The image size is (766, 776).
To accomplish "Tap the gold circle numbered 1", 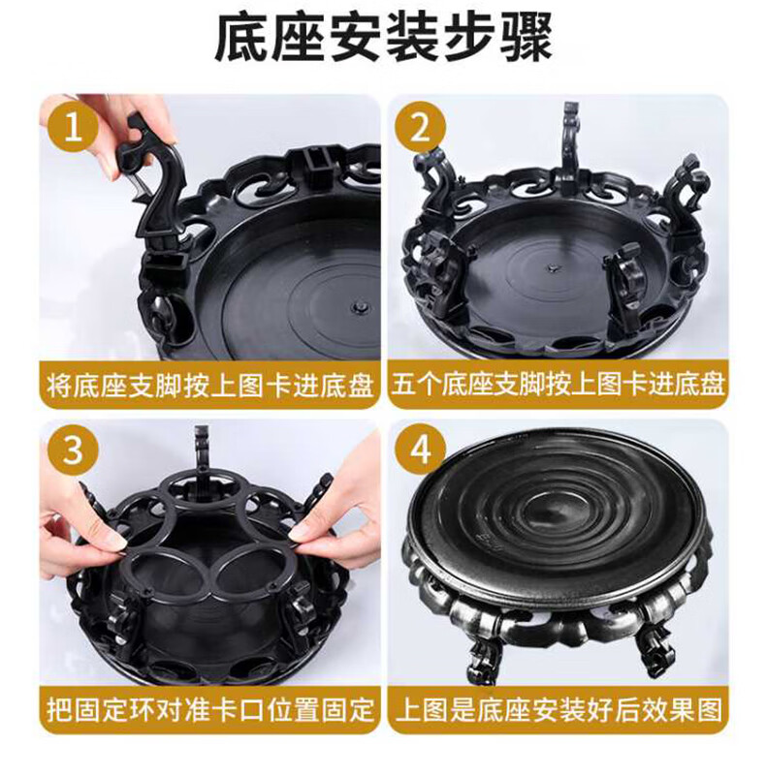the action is pyautogui.click(x=74, y=127).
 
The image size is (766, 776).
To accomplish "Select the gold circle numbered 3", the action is pyautogui.click(x=74, y=449).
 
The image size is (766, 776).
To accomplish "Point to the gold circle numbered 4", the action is pyautogui.click(x=420, y=449).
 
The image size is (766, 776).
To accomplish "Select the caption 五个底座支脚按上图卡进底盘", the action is pyautogui.click(x=558, y=385).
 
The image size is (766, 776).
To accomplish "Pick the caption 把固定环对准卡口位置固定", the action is pyautogui.click(x=210, y=709).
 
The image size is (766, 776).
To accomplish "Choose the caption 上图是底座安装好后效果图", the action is pyautogui.click(x=558, y=709).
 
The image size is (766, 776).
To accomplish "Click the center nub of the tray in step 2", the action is pyautogui.click(x=551, y=267).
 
